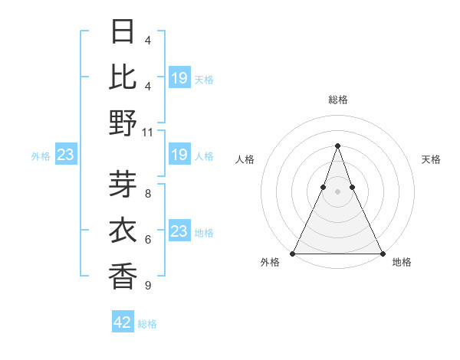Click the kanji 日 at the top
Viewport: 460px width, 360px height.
pyautogui.click(x=123, y=31)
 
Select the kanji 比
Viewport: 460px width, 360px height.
pyautogui.click(x=123, y=77)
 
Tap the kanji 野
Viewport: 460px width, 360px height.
pyautogui.click(x=123, y=123)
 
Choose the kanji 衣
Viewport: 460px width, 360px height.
pyautogui.click(x=123, y=229)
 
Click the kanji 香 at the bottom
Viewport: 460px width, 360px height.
pyautogui.click(x=123, y=275)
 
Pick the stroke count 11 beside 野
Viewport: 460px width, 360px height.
pyautogui.click(x=147, y=132)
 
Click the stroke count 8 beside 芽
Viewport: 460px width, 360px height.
pyautogui.click(x=147, y=194)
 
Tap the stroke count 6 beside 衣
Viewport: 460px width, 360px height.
pyautogui.click(x=147, y=240)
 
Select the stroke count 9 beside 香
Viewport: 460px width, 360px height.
pyautogui.click(x=147, y=286)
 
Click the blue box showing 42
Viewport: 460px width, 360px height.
pyautogui.click(x=123, y=322)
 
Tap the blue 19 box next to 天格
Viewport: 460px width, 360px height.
pyautogui.click(x=179, y=78)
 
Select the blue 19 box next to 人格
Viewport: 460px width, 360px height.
pyautogui.click(x=179, y=155)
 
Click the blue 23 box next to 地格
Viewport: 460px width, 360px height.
pyautogui.click(x=179, y=231)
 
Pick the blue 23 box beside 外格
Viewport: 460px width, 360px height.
pyautogui.click(x=65, y=155)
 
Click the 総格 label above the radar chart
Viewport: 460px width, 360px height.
pyautogui.click(x=337, y=100)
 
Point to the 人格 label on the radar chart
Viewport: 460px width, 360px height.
pyautogui.click(x=245, y=159)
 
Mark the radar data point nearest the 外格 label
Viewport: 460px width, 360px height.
pyautogui.click(x=293, y=253)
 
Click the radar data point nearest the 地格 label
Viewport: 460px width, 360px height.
pyautogui.click(x=382, y=253)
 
